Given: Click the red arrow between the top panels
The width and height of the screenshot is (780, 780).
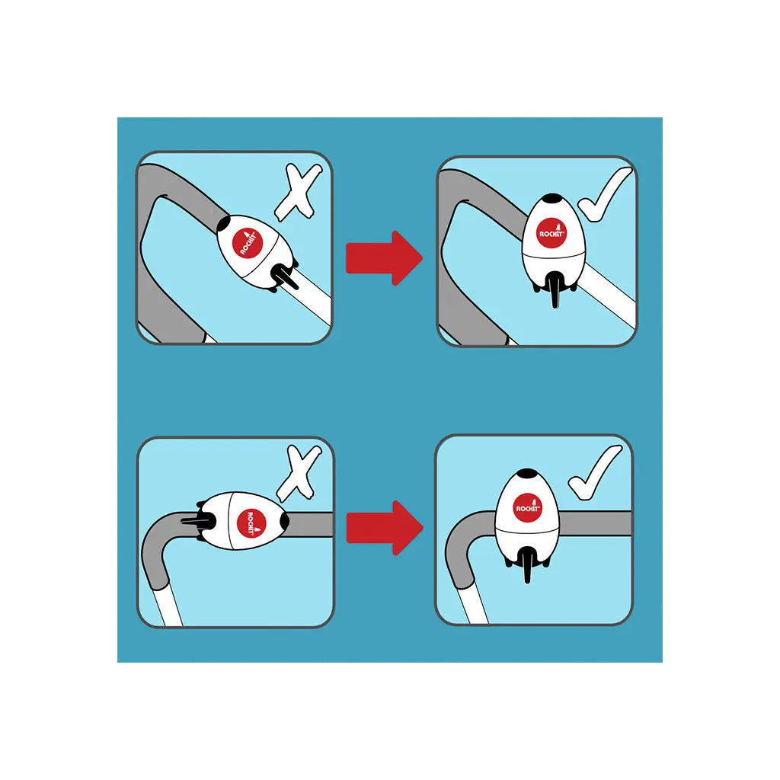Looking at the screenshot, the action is coord(384,258).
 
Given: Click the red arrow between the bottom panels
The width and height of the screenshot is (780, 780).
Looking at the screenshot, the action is coord(384,528).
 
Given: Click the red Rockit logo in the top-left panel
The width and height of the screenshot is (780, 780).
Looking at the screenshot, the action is coord(248,243).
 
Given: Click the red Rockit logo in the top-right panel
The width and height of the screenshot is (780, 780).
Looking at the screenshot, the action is coord(551,233).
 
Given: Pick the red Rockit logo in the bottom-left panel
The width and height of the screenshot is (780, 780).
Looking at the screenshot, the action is coord(251,523).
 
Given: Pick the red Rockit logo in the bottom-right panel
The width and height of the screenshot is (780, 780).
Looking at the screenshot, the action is coord(528,508).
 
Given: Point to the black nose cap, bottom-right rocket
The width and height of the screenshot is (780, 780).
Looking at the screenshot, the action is coord(528,473).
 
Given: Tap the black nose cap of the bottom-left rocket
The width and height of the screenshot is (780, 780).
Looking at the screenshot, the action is coord(285,521).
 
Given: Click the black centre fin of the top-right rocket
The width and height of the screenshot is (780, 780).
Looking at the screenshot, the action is coord(555,290).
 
